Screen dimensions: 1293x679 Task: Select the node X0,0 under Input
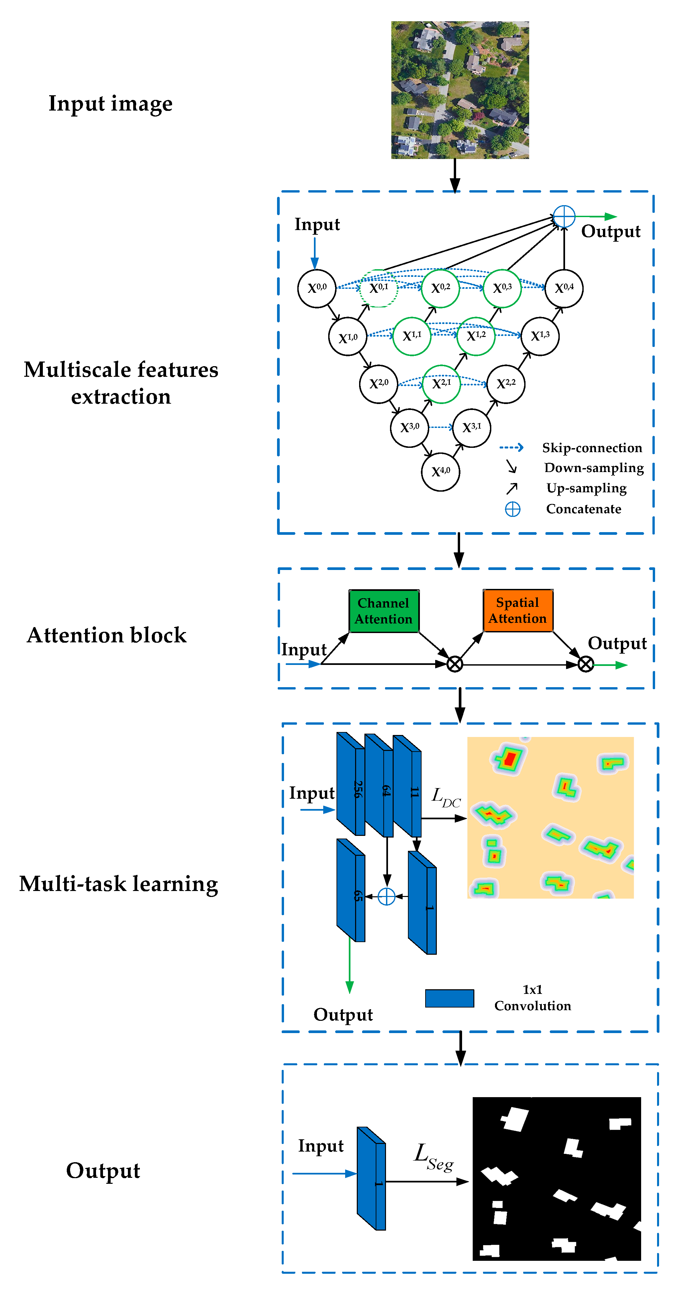(x=316, y=288)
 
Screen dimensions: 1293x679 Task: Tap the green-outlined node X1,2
(x=476, y=336)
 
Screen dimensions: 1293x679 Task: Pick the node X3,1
(x=471, y=428)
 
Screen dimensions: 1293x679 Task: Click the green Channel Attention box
(x=384, y=611)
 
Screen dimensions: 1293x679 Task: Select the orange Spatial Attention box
(x=518, y=610)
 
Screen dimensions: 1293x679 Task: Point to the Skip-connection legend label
(x=592, y=448)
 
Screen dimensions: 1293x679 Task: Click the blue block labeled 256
(x=350, y=784)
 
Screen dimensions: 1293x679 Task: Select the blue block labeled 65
(x=350, y=890)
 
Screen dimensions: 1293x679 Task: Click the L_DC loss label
(x=446, y=797)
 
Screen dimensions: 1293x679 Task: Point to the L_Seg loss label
(x=434, y=1157)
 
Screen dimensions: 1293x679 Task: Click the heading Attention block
(x=107, y=635)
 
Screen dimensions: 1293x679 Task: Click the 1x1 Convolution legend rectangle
(x=449, y=998)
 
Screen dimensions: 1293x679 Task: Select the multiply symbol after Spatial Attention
(x=585, y=665)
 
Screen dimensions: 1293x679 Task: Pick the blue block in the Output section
(x=371, y=1178)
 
